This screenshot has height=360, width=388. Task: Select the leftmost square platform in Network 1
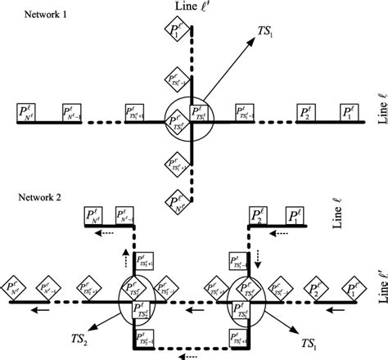[28, 113]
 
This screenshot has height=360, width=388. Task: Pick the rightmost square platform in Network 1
[349, 113]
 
